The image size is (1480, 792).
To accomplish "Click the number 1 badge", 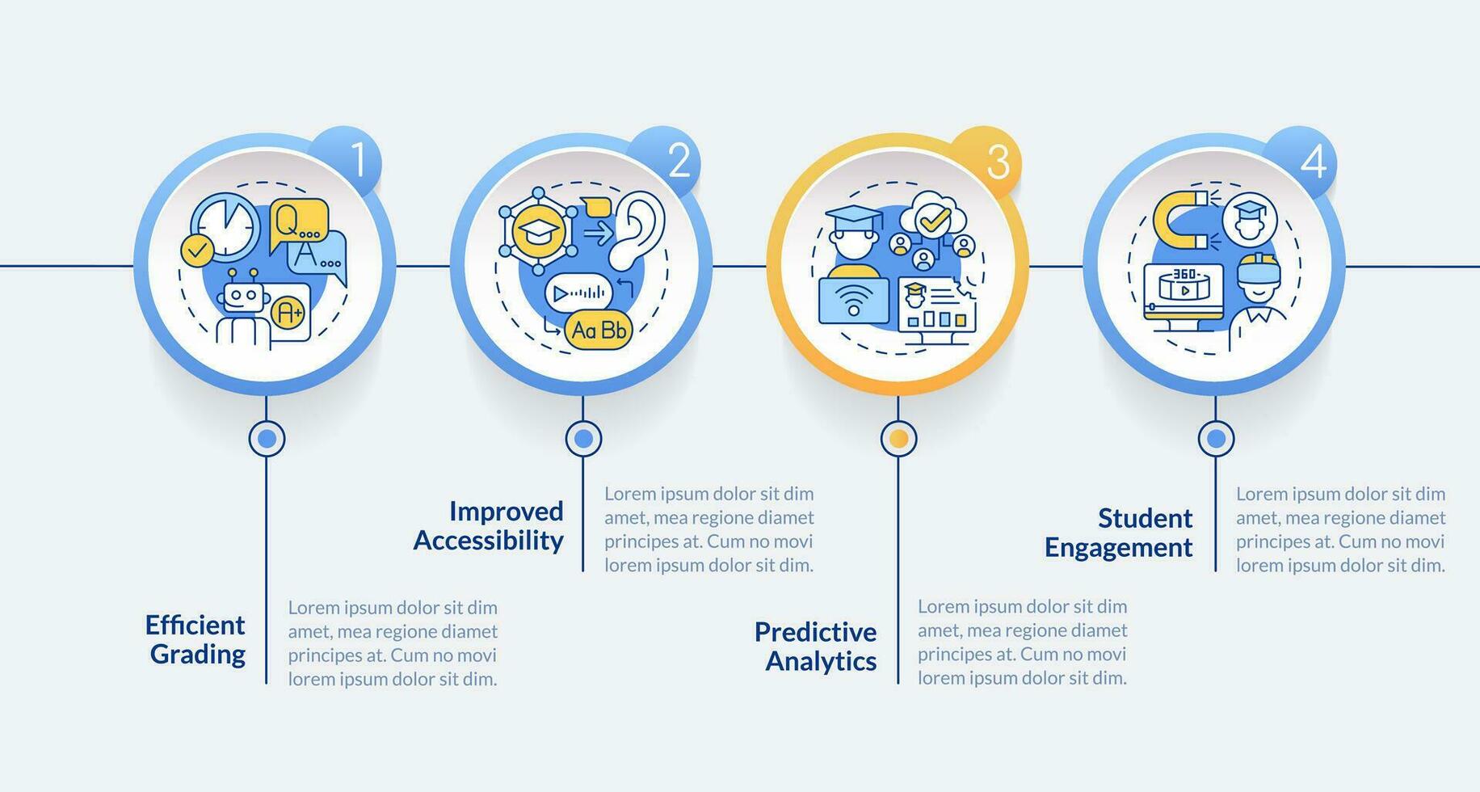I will click(353, 160).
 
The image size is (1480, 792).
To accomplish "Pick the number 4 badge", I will click(1307, 160).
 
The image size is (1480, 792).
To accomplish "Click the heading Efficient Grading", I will click(196, 639).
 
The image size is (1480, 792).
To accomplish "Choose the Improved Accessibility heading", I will click(489, 525).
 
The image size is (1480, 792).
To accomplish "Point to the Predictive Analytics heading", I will click(816, 646).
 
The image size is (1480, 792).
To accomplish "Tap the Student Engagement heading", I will click(1120, 533).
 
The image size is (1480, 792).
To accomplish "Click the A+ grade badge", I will click(288, 313).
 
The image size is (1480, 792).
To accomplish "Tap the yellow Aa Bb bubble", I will click(598, 330).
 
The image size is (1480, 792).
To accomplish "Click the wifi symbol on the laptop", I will click(853, 301).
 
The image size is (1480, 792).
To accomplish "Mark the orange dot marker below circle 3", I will click(898, 439).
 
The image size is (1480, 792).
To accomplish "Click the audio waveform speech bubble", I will click(579, 293).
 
